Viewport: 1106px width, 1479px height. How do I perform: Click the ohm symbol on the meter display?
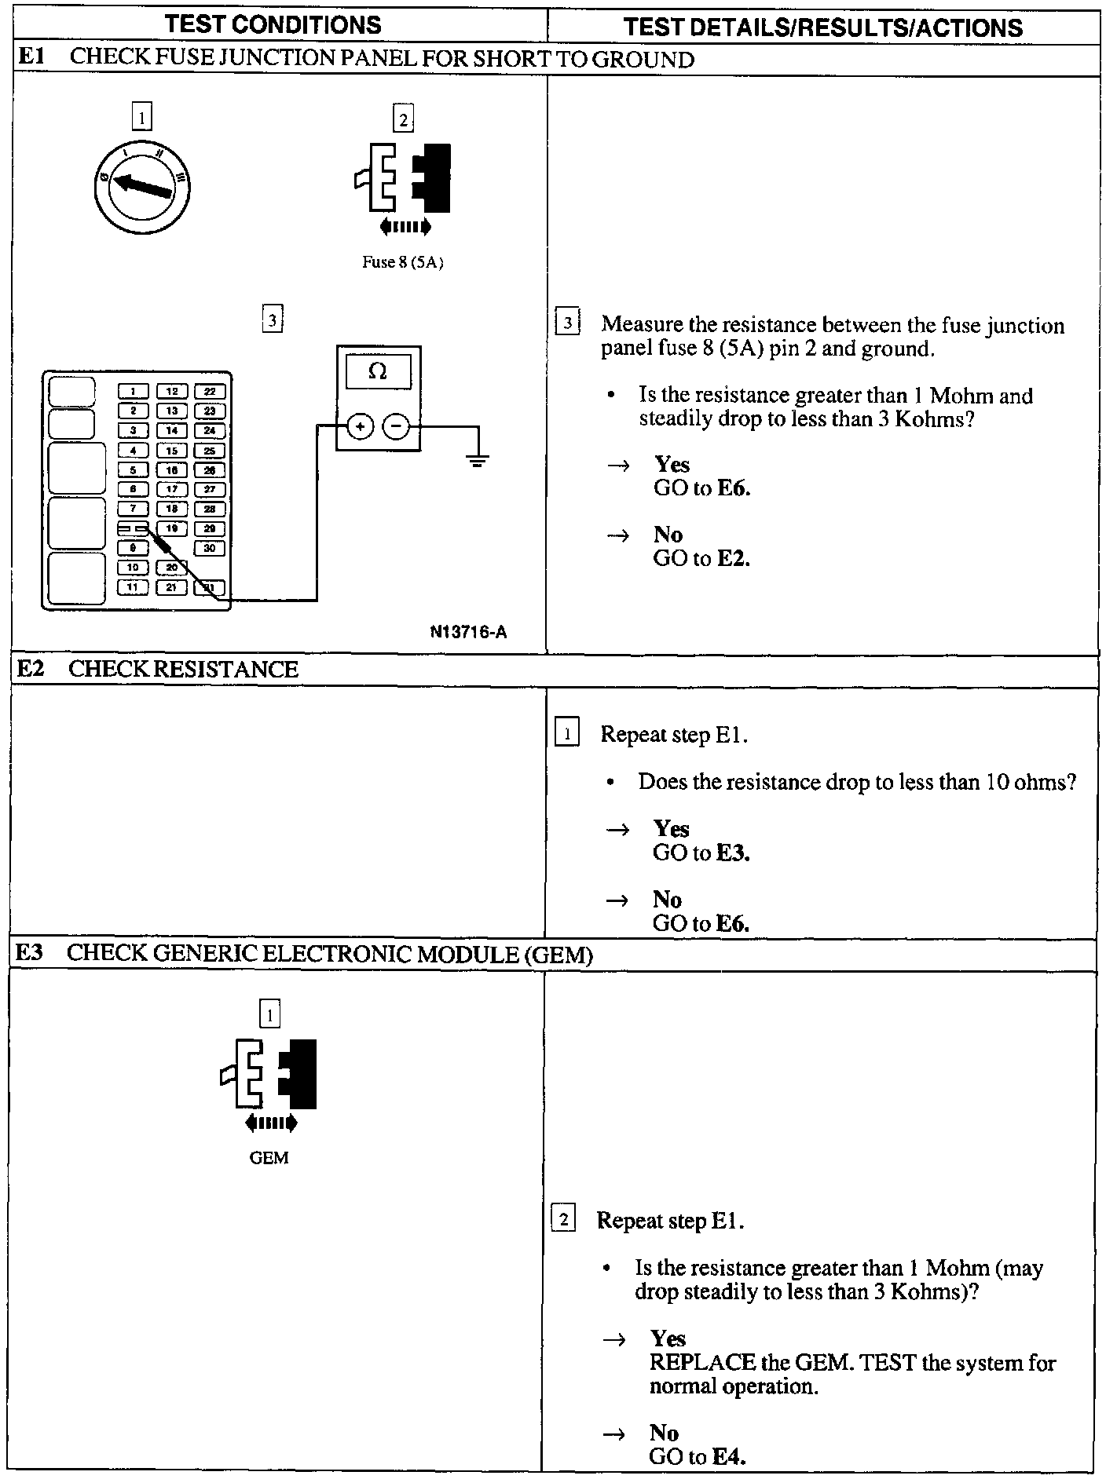tap(378, 371)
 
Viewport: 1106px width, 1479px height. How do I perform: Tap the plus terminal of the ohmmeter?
tap(360, 426)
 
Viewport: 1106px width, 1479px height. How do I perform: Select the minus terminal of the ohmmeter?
tap(397, 426)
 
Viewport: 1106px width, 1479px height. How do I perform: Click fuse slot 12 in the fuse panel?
tap(171, 391)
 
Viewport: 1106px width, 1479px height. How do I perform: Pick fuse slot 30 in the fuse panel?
tap(209, 548)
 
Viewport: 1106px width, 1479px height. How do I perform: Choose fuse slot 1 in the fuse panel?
tap(134, 391)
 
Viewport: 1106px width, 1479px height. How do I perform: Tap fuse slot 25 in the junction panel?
tap(209, 451)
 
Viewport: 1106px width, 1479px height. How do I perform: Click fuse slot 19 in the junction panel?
tap(171, 528)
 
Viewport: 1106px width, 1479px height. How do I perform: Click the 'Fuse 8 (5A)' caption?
tap(402, 263)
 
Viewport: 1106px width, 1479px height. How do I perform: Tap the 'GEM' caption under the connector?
tap(269, 1158)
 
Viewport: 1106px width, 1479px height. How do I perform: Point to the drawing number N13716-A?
tap(468, 632)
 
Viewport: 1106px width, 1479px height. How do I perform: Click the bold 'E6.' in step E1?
tap(734, 488)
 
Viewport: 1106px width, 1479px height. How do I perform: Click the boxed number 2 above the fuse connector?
tap(403, 120)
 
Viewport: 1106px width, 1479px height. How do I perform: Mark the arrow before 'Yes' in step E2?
tap(618, 829)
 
